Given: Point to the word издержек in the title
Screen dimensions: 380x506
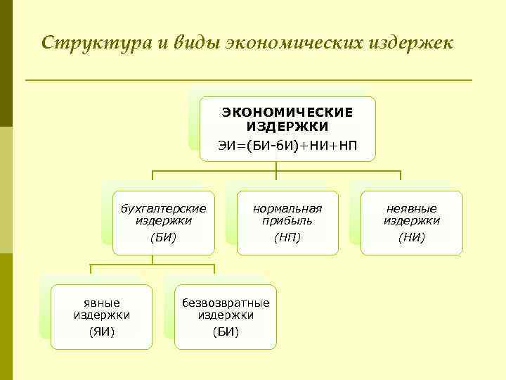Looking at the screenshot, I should click(415, 42).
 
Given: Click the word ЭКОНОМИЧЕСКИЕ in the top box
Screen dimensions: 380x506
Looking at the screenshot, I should click(287, 112).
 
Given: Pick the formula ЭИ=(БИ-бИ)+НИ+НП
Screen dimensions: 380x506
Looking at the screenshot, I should click(287, 146).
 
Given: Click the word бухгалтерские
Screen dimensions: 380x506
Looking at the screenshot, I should click(163, 208).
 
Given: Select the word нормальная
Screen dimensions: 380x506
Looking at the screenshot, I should click(287, 208).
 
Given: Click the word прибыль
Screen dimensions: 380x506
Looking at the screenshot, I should click(287, 220).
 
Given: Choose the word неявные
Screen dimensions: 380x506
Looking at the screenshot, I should click(411, 208).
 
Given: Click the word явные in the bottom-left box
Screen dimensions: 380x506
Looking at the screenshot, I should click(102, 303).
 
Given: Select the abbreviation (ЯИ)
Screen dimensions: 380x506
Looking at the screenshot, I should click(102, 331).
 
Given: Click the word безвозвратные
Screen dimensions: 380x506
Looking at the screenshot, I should click(226, 303).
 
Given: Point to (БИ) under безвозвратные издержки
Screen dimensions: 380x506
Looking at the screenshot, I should click(226, 331).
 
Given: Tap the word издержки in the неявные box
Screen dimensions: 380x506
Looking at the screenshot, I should click(411, 220).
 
